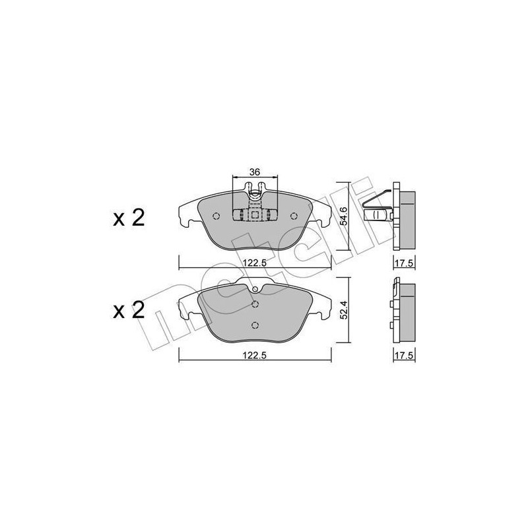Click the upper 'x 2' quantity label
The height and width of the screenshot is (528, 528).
[x=129, y=218]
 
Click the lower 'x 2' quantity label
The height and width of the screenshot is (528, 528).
[x=129, y=310]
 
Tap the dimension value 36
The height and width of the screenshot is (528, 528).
[x=255, y=172]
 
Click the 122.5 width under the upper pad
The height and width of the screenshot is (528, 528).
[x=255, y=263]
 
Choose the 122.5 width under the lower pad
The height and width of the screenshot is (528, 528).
[x=255, y=355]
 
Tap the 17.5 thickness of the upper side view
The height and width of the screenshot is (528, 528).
[x=404, y=263]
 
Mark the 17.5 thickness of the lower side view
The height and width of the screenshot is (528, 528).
[x=404, y=355]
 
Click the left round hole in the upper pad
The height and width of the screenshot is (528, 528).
[x=216, y=216]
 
